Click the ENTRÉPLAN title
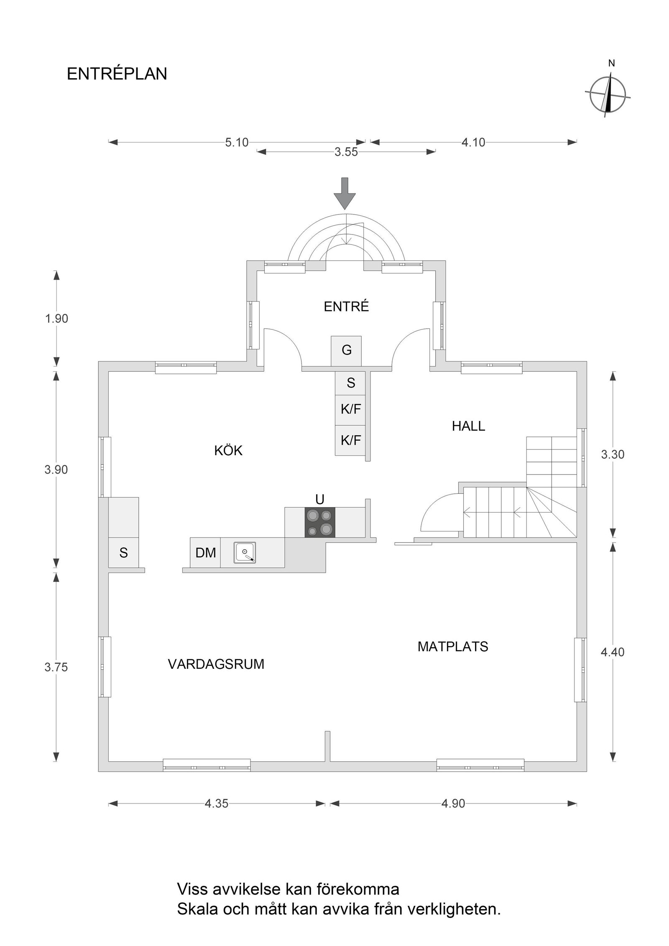click(x=117, y=74)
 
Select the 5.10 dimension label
click(x=237, y=143)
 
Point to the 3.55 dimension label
click(x=346, y=152)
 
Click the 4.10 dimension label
click(x=473, y=143)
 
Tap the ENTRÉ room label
click(x=346, y=306)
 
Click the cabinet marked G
click(x=346, y=350)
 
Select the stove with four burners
click(x=320, y=523)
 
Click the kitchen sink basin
click(x=245, y=552)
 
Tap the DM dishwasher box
click(x=206, y=553)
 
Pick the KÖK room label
click(x=228, y=451)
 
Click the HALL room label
click(x=468, y=426)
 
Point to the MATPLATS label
click(x=452, y=647)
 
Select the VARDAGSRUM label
click(x=216, y=664)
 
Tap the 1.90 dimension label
click(x=56, y=319)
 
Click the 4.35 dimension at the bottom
click(x=216, y=803)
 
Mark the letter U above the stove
click(x=320, y=499)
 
